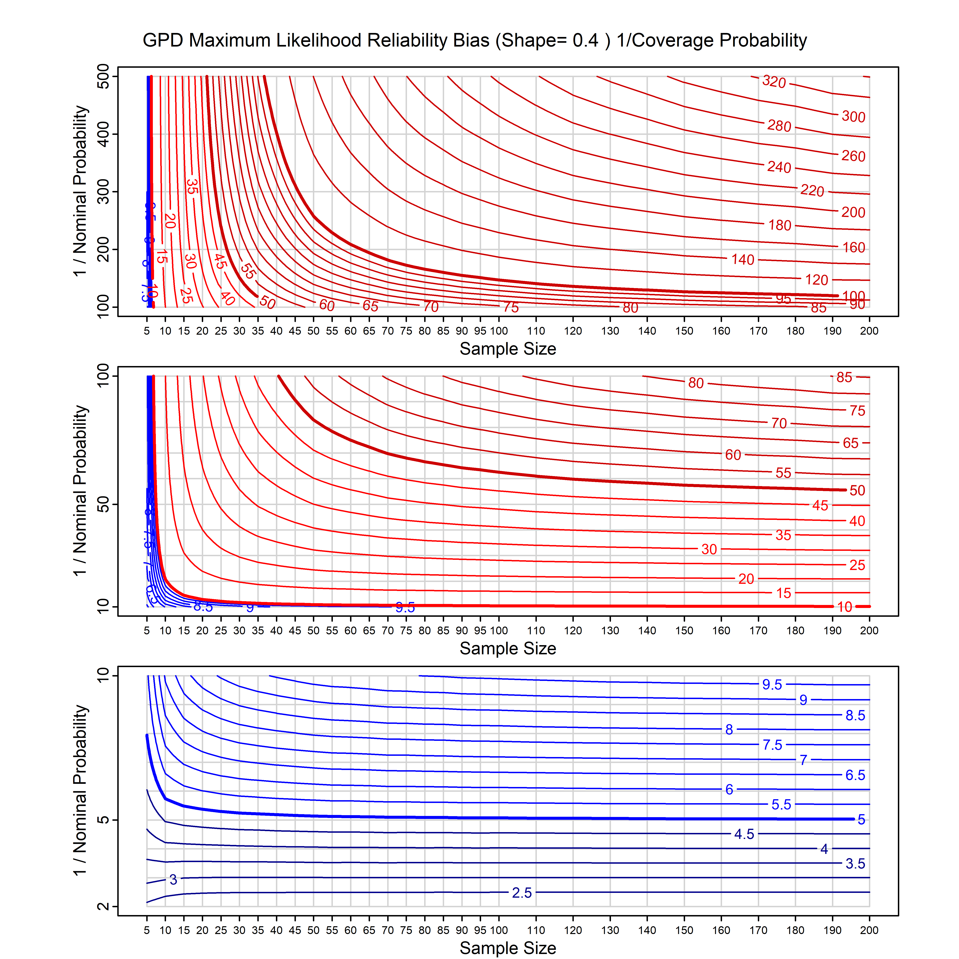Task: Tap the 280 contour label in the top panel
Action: tap(779, 126)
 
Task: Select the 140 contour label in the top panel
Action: tap(743, 260)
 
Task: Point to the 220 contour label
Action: tap(812, 191)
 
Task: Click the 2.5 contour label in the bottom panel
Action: tap(522, 893)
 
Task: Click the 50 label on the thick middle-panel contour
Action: tap(857, 490)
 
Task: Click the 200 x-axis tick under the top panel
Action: tap(869, 331)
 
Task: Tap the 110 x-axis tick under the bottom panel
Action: tap(536, 930)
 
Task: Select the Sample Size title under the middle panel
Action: tap(508, 648)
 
